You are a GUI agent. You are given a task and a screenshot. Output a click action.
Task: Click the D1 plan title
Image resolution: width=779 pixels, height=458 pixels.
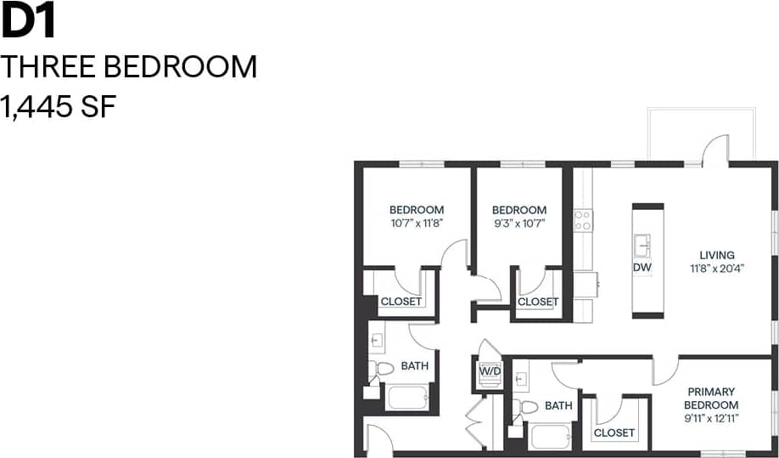(x=29, y=22)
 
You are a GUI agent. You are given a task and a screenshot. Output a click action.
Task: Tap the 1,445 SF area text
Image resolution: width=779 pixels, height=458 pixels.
(x=58, y=107)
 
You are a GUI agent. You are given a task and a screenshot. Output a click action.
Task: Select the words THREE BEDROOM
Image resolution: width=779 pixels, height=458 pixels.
(x=129, y=66)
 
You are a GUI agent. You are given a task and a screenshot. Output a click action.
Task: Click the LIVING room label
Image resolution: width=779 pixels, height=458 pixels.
(x=716, y=255)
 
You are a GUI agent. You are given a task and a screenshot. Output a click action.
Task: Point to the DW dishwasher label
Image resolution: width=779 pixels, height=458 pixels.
(x=642, y=268)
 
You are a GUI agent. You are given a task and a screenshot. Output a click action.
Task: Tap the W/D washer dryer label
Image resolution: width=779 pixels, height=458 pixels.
(x=490, y=371)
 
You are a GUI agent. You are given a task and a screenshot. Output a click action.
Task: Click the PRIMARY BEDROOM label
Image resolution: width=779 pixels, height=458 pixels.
(x=712, y=399)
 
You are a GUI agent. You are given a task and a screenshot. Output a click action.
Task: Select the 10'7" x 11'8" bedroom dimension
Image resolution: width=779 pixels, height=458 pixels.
(x=417, y=223)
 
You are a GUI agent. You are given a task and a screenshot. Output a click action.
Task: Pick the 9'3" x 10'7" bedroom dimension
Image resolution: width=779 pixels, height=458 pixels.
(x=518, y=223)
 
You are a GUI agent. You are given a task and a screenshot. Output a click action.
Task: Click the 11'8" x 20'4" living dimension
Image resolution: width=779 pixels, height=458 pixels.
(x=716, y=269)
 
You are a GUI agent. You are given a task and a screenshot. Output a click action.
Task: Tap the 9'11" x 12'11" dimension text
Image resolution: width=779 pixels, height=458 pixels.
(x=712, y=418)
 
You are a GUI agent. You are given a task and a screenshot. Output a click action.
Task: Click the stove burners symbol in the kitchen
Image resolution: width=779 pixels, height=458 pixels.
(x=582, y=221)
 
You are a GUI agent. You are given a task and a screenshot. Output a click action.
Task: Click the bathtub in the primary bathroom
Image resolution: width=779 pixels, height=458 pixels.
(x=552, y=436)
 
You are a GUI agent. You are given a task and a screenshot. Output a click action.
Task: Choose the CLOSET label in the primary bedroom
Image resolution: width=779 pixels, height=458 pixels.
(x=614, y=433)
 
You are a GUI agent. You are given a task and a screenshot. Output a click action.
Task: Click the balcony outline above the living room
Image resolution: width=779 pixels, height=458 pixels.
(x=701, y=133)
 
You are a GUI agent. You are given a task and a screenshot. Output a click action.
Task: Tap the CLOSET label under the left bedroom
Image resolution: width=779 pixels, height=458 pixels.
(x=401, y=302)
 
